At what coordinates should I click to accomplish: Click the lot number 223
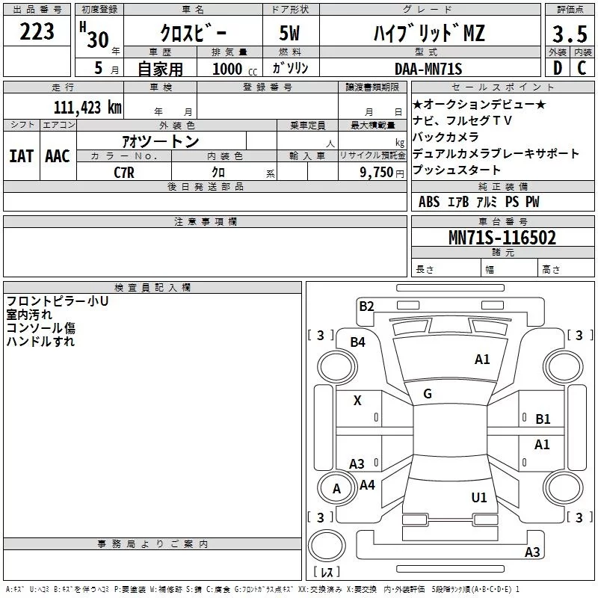[x=37, y=32]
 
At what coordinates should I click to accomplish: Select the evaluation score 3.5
[x=568, y=35]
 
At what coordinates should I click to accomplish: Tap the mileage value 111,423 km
[x=87, y=107]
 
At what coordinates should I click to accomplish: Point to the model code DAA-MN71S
[x=429, y=69]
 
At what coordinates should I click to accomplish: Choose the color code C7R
[x=125, y=172]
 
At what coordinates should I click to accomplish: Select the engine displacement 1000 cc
[x=229, y=69]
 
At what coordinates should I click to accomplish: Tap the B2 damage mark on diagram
[x=366, y=306]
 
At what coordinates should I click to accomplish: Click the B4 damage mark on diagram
[x=358, y=342]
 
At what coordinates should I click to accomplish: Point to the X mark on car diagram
[x=357, y=401]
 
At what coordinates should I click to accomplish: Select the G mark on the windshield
[x=428, y=394]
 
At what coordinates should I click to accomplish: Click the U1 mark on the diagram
[x=479, y=497]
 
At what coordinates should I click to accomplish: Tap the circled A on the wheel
[x=336, y=489]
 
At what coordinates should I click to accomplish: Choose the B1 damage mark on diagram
[x=543, y=419]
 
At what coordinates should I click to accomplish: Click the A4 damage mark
[x=367, y=485]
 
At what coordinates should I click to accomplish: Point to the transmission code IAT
[x=21, y=156]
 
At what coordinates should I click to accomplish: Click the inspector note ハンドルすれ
[x=40, y=342]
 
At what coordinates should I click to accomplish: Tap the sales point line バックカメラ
[x=446, y=138]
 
